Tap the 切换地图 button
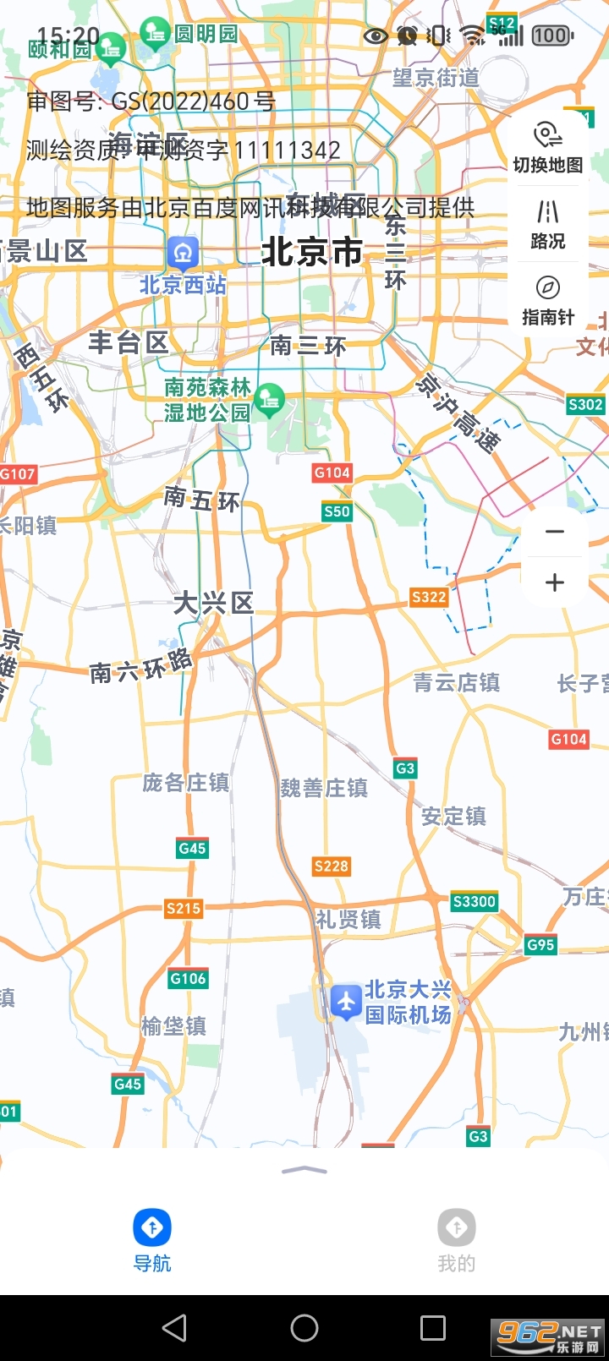coord(547,147)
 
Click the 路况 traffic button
coord(547,224)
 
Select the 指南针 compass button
coord(547,300)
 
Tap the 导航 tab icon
coord(152,1228)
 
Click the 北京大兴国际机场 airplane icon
coord(346,1002)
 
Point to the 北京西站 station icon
coord(183,252)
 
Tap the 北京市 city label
coord(311,252)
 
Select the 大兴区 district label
coord(213,603)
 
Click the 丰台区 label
coord(129,342)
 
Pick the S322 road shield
coord(429,597)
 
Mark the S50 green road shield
coord(337,511)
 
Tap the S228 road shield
coord(331,866)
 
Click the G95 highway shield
coord(540,944)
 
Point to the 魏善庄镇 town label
coord(324,788)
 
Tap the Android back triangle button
coord(174,1328)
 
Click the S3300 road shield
coord(474,901)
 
